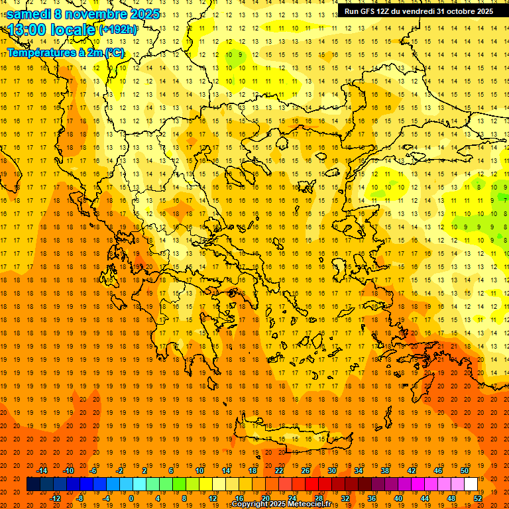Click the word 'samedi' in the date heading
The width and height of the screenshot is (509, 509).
(x=28, y=14)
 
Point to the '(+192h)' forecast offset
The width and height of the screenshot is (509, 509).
(x=118, y=30)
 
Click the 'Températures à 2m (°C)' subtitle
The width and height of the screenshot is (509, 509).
(x=65, y=52)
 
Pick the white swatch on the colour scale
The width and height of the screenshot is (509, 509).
(x=471, y=484)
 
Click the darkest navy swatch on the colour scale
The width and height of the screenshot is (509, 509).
(x=33, y=484)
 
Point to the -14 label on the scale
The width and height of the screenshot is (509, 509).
(x=42, y=471)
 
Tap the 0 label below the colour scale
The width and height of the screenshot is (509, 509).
(x=131, y=498)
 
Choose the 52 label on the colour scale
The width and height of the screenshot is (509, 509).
(x=478, y=498)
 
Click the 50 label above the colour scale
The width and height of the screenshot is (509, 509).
(x=464, y=471)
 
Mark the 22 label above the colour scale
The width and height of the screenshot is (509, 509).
(x=279, y=471)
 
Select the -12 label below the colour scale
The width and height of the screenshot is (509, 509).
(x=55, y=498)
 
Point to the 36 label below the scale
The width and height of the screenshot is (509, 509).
(x=371, y=498)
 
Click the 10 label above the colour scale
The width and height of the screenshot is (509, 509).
(x=199, y=471)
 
